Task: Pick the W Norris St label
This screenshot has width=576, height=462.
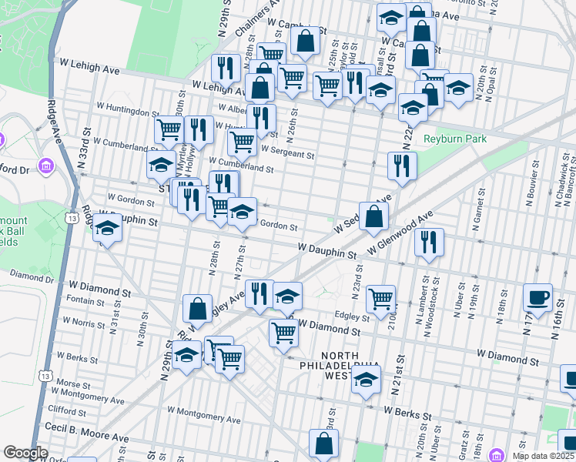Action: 86,322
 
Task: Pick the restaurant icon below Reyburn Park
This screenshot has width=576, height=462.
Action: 402,165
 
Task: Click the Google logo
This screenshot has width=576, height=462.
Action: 26,454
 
